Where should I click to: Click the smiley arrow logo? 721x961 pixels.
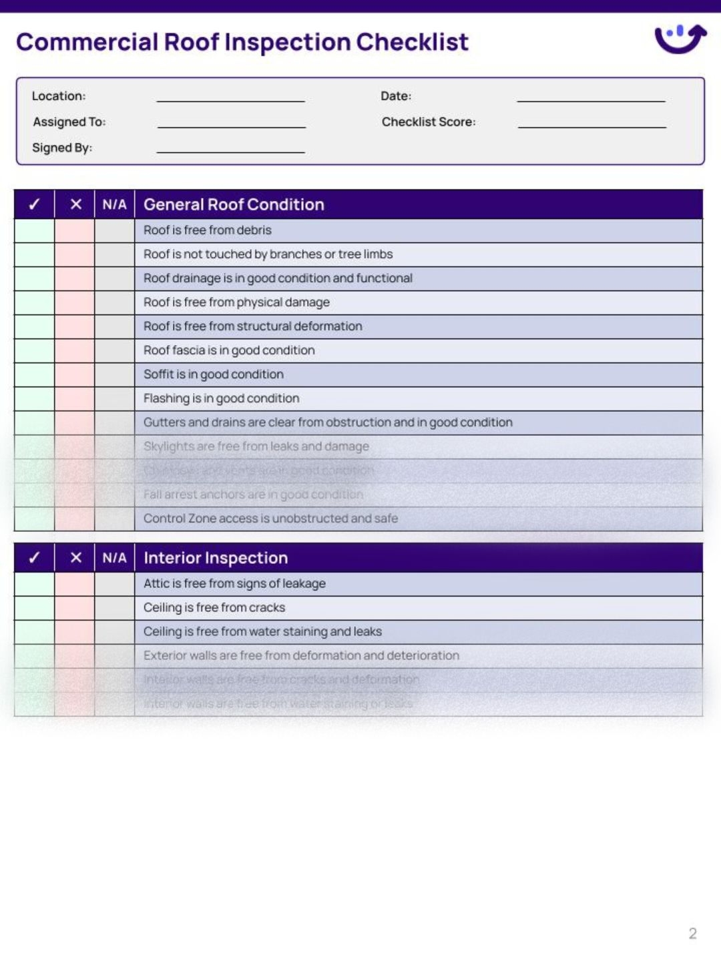(680, 39)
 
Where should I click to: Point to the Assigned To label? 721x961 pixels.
(69, 122)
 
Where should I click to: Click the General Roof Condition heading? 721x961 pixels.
(234, 204)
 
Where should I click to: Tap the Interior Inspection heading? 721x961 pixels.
(216, 558)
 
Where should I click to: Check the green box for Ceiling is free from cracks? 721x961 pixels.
(34, 608)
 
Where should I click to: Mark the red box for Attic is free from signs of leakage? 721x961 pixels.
(74, 584)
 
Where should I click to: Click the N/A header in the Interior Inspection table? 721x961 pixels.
(114, 558)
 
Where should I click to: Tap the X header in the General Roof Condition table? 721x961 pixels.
(75, 204)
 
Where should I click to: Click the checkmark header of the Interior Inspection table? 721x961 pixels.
(34, 558)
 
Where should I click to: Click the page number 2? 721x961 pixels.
(692, 933)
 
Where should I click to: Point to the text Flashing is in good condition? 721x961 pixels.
(221, 398)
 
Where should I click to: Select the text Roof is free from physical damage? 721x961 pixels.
(236, 302)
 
